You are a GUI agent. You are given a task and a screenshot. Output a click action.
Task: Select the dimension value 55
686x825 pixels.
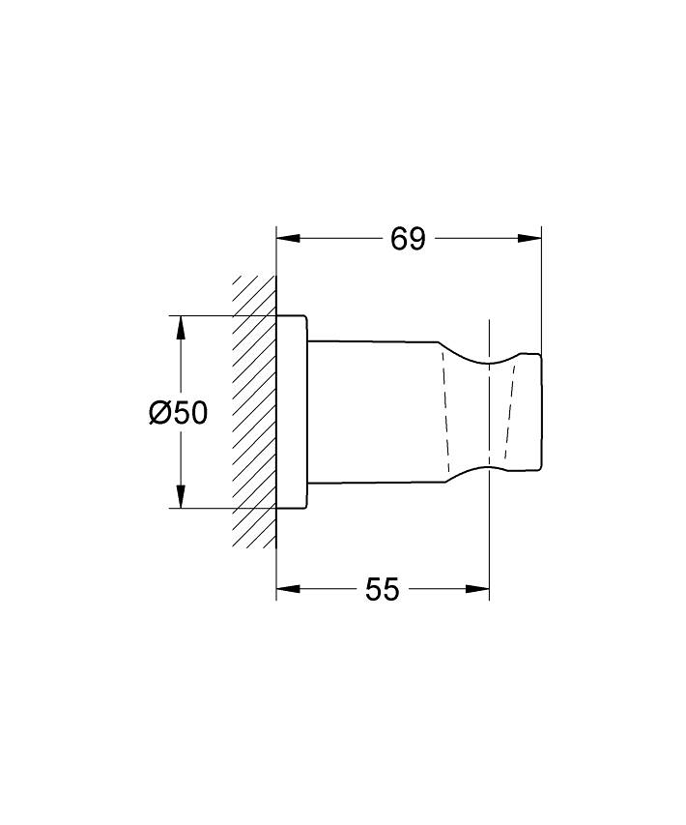[x=383, y=589]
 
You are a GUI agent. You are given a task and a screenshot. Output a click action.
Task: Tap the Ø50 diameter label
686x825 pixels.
[x=178, y=412]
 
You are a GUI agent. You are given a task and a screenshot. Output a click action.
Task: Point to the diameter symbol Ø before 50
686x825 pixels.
[x=160, y=412]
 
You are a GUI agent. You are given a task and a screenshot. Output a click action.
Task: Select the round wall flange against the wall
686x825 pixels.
[x=292, y=411]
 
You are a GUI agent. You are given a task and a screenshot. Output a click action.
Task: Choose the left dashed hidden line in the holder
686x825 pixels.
[x=446, y=411]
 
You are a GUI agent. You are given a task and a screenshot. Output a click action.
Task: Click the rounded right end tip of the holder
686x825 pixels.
[x=538, y=411]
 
